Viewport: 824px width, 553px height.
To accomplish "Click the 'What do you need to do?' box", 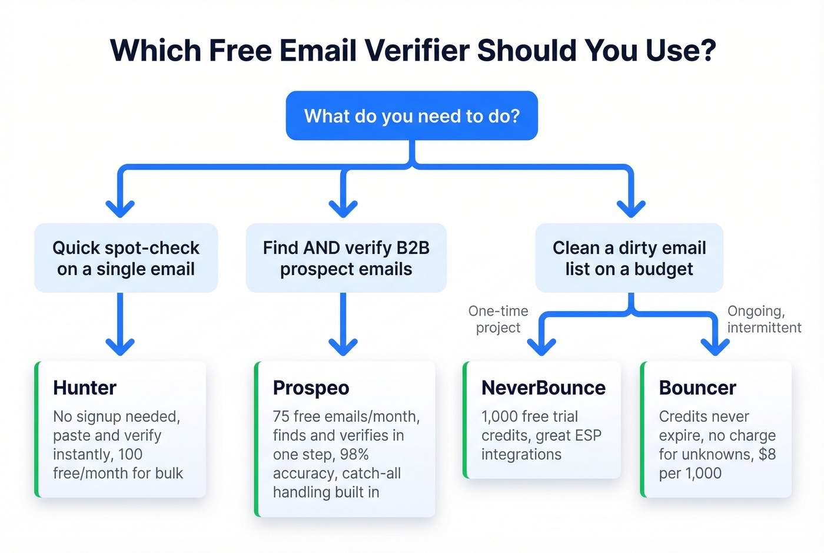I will pyautogui.click(x=412, y=115).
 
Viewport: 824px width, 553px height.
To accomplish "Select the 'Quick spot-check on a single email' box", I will pyautogui.click(x=126, y=258).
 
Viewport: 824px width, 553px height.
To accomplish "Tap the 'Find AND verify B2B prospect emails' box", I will pyautogui.click(x=346, y=258).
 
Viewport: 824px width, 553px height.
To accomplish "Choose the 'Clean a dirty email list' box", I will pyautogui.click(x=629, y=258).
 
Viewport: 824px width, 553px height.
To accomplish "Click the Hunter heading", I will pyautogui.click(x=85, y=388).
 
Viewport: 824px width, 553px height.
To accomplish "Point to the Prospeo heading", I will pyautogui.click(x=311, y=388).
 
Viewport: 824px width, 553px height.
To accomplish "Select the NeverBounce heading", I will pyautogui.click(x=543, y=388).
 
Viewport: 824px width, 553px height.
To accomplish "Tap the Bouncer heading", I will pyautogui.click(x=697, y=388).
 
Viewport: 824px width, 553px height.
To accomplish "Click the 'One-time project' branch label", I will pyautogui.click(x=499, y=319).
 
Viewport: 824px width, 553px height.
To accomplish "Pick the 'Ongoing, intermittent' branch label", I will pyautogui.click(x=764, y=319).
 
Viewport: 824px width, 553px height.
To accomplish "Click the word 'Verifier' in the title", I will pyautogui.click(x=417, y=50).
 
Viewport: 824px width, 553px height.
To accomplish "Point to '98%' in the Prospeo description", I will pyautogui.click(x=354, y=455).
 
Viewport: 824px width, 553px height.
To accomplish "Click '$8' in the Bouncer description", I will pyautogui.click(x=767, y=455).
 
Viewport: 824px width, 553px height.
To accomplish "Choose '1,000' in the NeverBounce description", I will pyautogui.click(x=499, y=417).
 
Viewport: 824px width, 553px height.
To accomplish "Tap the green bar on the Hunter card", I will pyautogui.click(x=37, y=429).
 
